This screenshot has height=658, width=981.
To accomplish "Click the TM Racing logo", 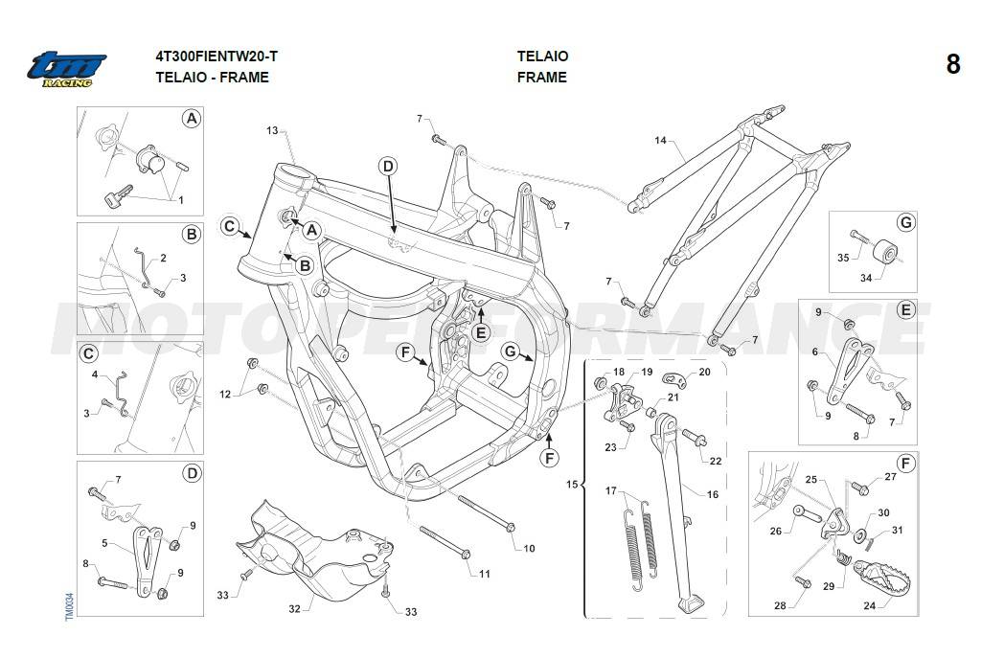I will click(66, 70).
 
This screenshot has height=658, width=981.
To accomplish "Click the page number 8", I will click(952, 64).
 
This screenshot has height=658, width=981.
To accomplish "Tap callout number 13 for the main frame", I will click(272, 130).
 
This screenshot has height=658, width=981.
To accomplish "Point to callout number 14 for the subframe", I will click(660, 141).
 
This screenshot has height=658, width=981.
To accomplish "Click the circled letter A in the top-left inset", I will click(192, 119).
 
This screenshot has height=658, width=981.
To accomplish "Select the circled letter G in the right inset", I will click(905, 223).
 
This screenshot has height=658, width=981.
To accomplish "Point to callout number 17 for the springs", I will click(609, 491).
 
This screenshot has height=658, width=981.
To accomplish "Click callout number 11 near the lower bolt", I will click(485, 574).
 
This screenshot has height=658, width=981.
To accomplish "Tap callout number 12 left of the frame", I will click(225, 394).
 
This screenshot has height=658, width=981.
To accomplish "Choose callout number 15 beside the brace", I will click(572, 486).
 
